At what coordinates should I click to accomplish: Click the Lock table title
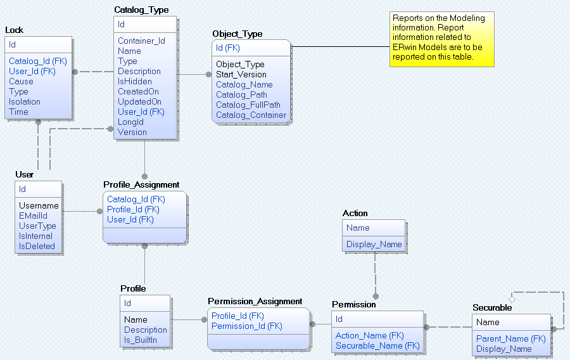(15, 30)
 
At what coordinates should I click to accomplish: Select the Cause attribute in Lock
(21, 82)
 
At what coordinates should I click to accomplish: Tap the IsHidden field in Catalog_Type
(135, 82)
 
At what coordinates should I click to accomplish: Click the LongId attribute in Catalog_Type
(130, 122)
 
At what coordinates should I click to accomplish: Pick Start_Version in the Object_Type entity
(241, 75)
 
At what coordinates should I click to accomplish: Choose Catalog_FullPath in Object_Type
(248, 105)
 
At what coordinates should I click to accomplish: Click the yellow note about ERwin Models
(441, 38)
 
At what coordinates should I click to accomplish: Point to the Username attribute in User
(39, 206)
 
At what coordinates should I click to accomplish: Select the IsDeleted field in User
(37, 247)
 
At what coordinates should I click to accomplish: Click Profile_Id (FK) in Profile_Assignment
(133, 210)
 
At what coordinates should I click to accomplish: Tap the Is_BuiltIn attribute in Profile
(141, 340)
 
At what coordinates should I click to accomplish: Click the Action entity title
(355, 214)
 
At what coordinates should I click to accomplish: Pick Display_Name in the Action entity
(374, 245)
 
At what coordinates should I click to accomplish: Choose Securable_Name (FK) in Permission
(377, 346)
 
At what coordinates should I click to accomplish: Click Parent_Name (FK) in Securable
(510, 339)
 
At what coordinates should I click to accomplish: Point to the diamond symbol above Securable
(512, 297)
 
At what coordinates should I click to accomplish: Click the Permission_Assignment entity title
(255, 302)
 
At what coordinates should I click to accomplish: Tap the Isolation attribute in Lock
(25, 102)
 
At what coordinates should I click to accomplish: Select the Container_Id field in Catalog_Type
(141, 41)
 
